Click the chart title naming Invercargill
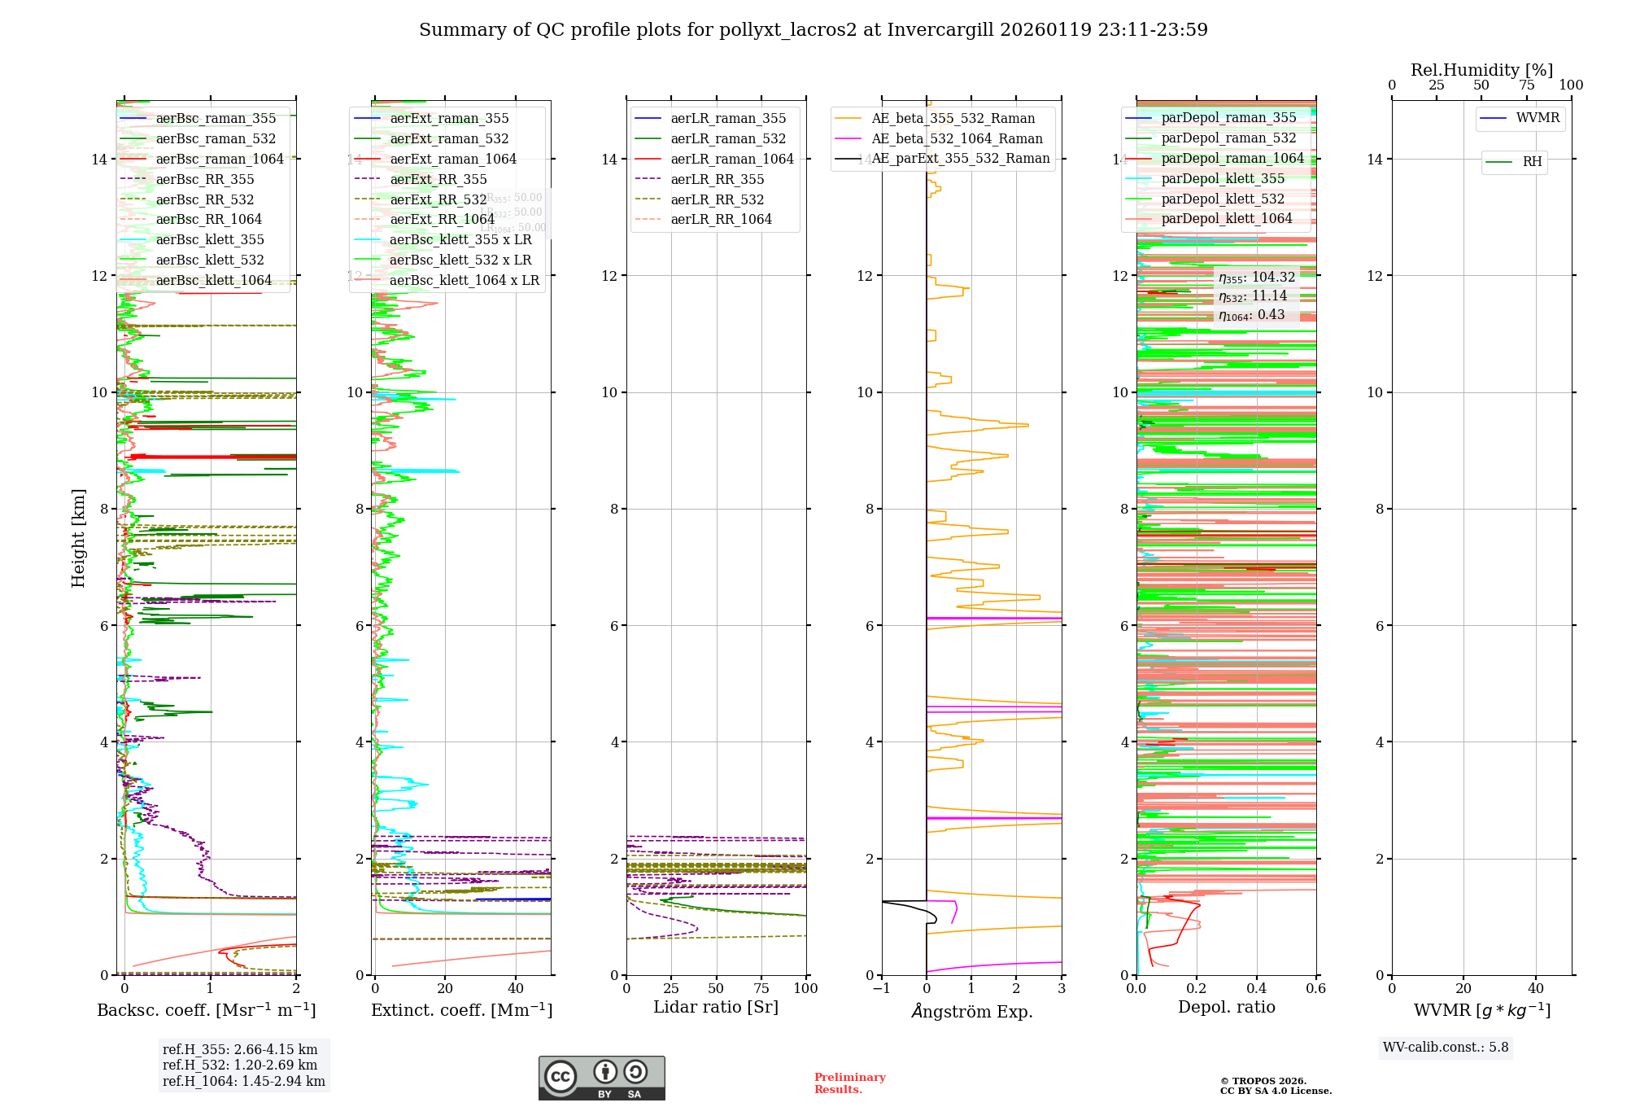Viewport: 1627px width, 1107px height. (x=813, y=30)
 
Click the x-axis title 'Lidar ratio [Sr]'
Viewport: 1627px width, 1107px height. (x=716, y=1007)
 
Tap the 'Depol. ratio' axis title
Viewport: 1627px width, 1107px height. (x=1226, y=1007)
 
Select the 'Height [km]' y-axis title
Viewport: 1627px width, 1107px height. (x=78, y=538)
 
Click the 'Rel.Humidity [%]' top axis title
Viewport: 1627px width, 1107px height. (x=1481, y=70)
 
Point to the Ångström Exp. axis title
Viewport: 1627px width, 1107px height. (x=971, y=1011)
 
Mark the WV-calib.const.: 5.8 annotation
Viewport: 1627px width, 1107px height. (x=1446, y=1048)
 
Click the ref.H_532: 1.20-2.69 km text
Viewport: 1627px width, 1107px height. (x=240, y=1065)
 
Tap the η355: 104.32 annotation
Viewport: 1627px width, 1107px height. (x=1256, y=278)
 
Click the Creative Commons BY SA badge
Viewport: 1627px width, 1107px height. (x=601, y=1078)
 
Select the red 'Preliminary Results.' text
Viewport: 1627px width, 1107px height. (x=849, y=1083)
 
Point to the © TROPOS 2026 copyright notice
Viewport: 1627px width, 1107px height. (x=1275, y=1086)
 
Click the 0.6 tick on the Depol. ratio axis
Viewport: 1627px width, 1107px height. (x=1315, y=989)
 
